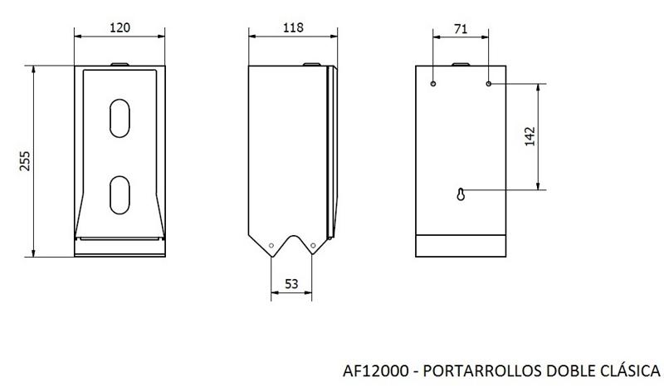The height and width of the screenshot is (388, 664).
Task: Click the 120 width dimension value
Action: click(120, 28)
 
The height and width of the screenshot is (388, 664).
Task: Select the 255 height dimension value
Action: click(25, 160)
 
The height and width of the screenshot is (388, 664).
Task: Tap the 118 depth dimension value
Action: click(293, 27)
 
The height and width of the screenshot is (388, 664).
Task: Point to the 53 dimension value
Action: click(291, 283)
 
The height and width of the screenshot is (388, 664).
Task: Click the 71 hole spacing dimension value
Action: click(461, 29)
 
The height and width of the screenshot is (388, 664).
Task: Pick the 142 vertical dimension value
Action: click(530, 136)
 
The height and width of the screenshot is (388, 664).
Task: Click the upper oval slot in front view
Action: click(120, 118)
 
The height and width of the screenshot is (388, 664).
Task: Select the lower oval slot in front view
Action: click(120, 195)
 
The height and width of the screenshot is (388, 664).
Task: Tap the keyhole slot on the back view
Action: click(461, 194)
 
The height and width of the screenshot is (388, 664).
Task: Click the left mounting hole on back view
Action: click(432, 84)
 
